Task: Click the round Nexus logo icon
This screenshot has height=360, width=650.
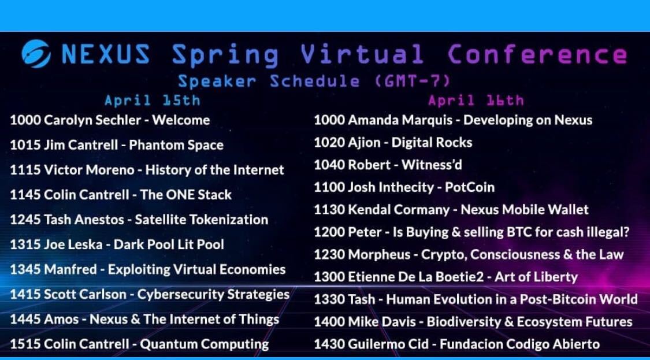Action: (x=36, y=54)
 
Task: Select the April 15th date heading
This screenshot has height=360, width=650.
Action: (x=152, y=101)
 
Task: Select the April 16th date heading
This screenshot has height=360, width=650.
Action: (x=476, y=101)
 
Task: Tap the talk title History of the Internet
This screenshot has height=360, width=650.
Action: (x=215, y=170)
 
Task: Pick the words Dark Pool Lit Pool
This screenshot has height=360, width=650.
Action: (x=169, y=244)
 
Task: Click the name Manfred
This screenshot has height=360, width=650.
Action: (x=72, y=270)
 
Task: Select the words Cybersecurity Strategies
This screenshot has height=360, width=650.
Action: (x=213, y=295)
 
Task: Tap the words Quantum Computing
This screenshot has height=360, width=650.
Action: (x=205, y=344)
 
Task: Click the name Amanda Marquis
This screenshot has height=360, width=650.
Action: (x=400, y=120)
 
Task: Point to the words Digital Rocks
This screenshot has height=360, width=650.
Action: (x=432, y=143)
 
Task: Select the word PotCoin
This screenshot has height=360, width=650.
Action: (x=470, y=187)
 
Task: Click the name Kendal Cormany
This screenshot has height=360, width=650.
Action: (x=398, y=210)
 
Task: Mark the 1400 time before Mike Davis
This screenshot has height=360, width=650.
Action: (x=329, y=322)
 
